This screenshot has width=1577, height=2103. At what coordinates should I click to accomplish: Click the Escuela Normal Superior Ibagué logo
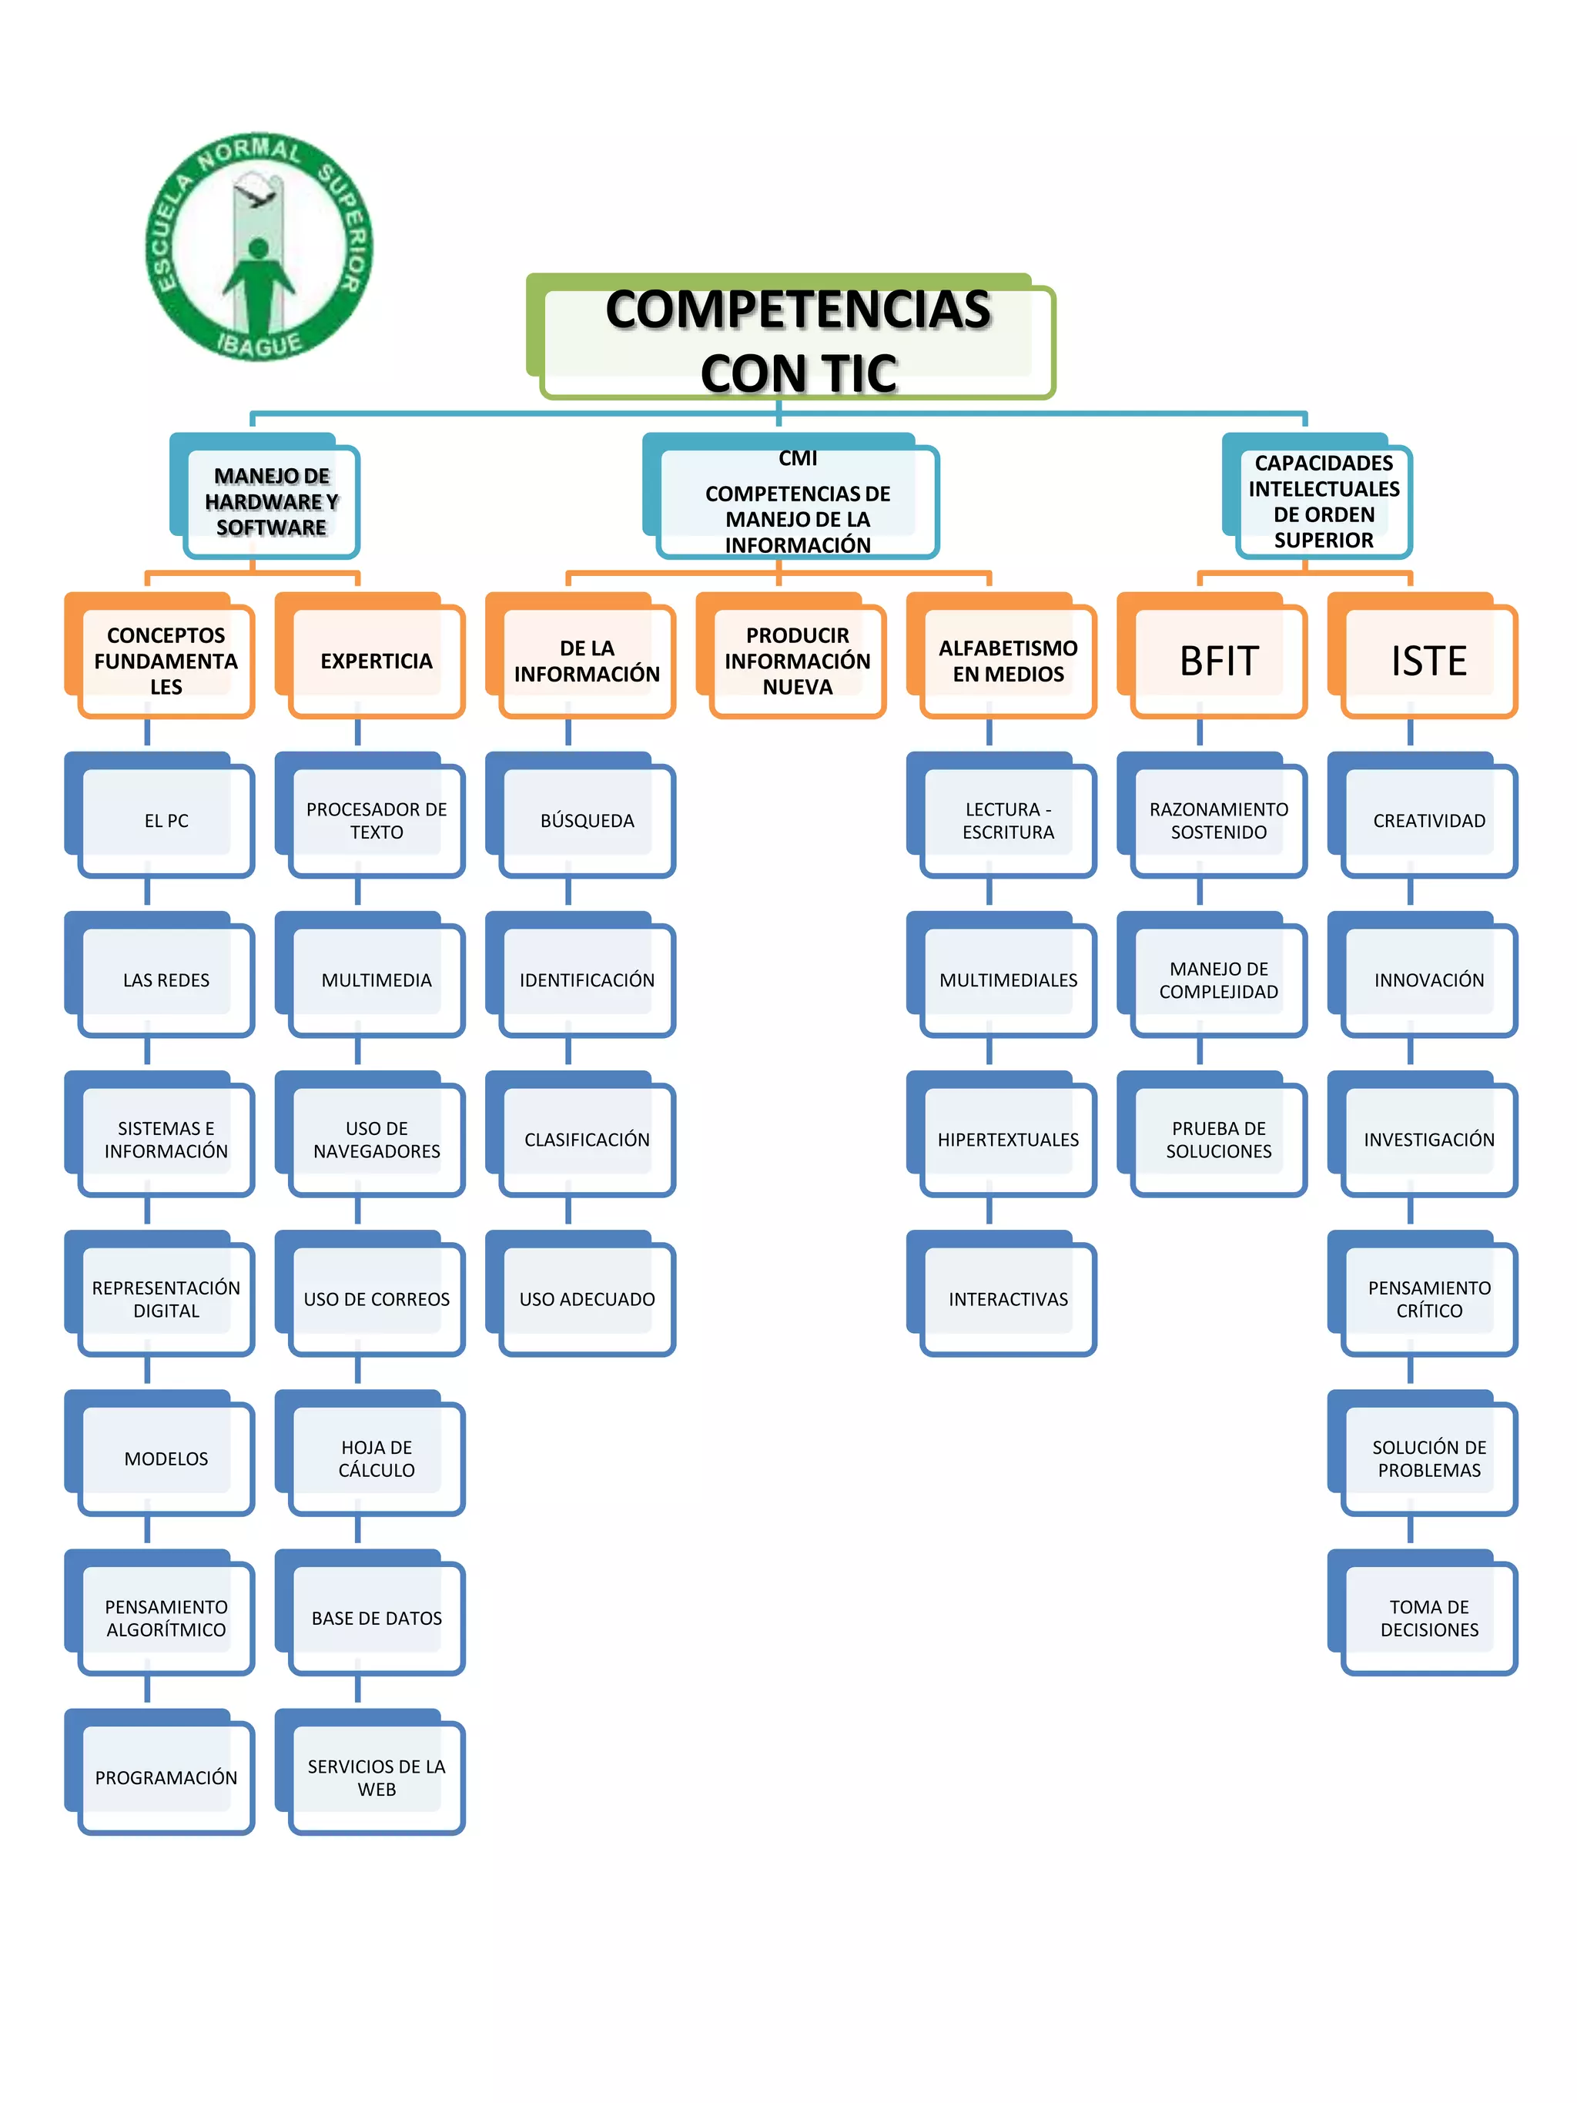tap(258, 246)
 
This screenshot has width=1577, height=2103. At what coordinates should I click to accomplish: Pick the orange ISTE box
tap(1428, 660)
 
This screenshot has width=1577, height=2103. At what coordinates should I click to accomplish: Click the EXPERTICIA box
tap(377, 660)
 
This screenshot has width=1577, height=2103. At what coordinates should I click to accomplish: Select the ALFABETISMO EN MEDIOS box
tap(1008, 660)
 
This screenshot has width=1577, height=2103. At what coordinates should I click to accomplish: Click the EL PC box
tap(166, 819)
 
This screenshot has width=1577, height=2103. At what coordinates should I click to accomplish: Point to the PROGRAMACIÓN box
tap(166, 1777)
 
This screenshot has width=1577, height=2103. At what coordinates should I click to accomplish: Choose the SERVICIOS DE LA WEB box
tap(377, 1777)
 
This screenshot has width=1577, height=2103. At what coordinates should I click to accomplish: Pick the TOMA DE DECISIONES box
tap(1428, 1617)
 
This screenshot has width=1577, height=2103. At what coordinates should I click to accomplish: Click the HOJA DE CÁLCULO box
tap(377, 1458)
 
